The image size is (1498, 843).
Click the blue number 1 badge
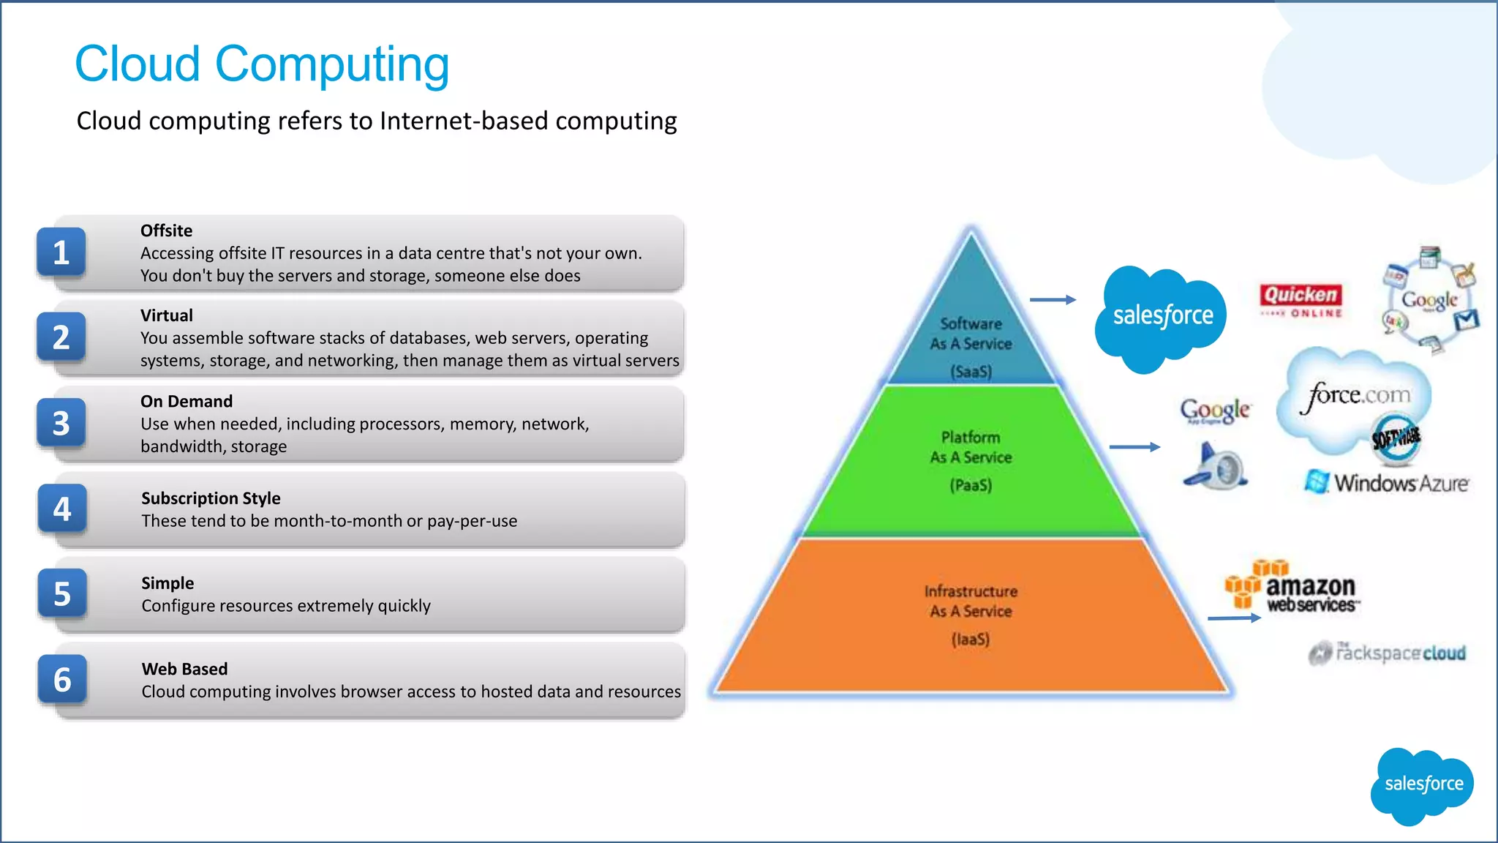pyautogui.click(x=61, y=252)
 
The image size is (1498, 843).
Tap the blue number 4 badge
pyautogui.click(x=62, y=509)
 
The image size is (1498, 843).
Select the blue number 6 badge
pyautogui.click(x=62, y=680)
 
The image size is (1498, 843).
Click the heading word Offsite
pyautogui.click(x=166, y=231)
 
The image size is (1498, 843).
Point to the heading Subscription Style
pyautogui.click(x=211, y=498)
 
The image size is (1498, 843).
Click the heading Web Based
pyautogui.click(x=184, y=669)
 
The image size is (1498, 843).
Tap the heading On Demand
pyautogui.click(x=187, y=401)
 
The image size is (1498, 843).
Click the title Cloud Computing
pyautogui.click(x=262, y=64)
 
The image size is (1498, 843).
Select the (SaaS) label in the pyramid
pyautogui.click(x=971, y=372)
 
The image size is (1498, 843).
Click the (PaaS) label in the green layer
pyautogui.click(x=971, y=485)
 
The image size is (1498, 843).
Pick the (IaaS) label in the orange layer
pyautogui.click(x=971, y=639)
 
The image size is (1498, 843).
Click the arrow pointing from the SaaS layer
pyautogui.click(x=1053, y=299)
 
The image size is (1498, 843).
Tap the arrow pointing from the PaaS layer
pyautogui.click(x=1134, y=446)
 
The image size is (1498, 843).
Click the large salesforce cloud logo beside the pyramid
pyautogui.click(x=1162, y=317)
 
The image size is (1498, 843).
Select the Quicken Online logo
pyautogui.click(x=1301, y=301)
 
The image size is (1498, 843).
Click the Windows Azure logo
pyautogui.click(x=1387, y=483)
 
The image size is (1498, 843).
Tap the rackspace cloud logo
pyautogui.click(x=1388, y=652)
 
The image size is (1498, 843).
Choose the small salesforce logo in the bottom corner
pyautogui.click(x=1423, y=784)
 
